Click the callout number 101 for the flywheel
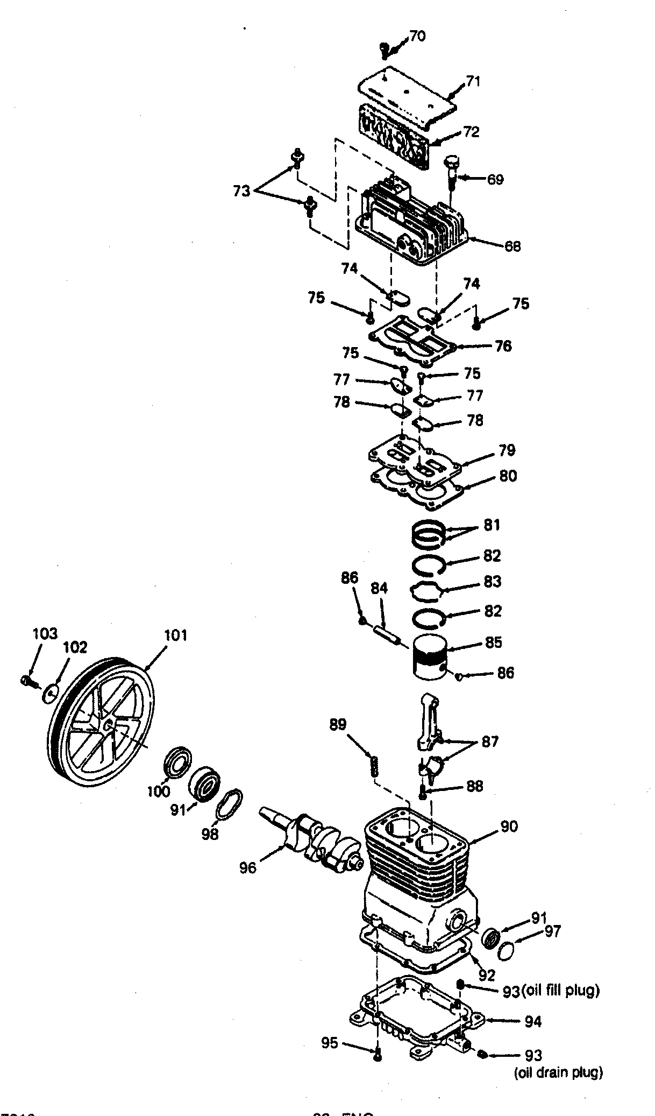[175, 635]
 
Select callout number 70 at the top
[417, 36]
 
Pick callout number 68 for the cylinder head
[512, 246]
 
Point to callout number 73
[241, 190]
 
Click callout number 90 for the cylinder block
[509, 826]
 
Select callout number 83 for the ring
[493, 582]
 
